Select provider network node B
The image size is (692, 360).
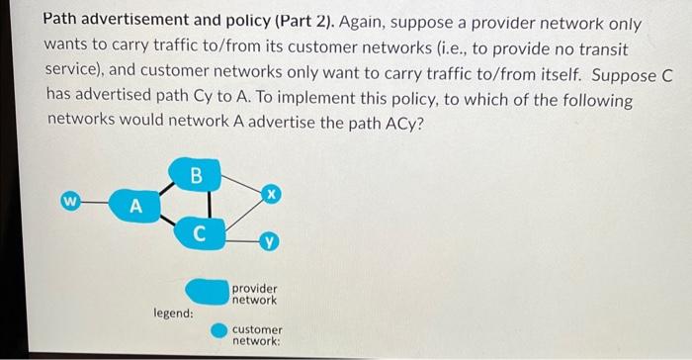195,176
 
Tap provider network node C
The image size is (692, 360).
199,235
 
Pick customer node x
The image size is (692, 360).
269,195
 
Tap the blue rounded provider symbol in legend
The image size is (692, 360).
206,291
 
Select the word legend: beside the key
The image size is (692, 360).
173,313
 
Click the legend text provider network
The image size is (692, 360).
255,294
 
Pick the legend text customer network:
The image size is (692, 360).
257,334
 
